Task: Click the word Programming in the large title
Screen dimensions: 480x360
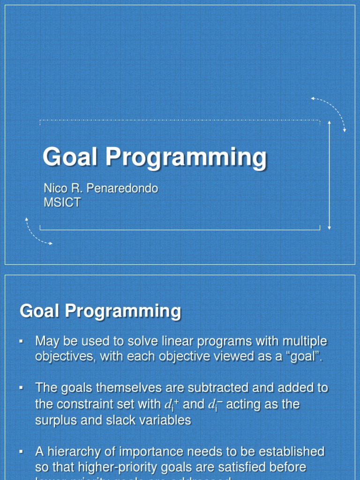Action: [x=186, y=157]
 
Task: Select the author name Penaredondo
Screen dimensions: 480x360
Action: [x=126, y=188]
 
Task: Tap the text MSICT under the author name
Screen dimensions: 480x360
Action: [x=62, y=202]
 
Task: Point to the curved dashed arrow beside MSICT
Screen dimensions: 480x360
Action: [x=37, y=232]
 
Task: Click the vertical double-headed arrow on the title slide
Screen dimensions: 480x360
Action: [x=330, y=175]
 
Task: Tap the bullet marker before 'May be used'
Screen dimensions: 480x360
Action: [x=22, y=341]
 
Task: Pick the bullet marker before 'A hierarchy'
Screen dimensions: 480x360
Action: [x=22, y=452]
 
